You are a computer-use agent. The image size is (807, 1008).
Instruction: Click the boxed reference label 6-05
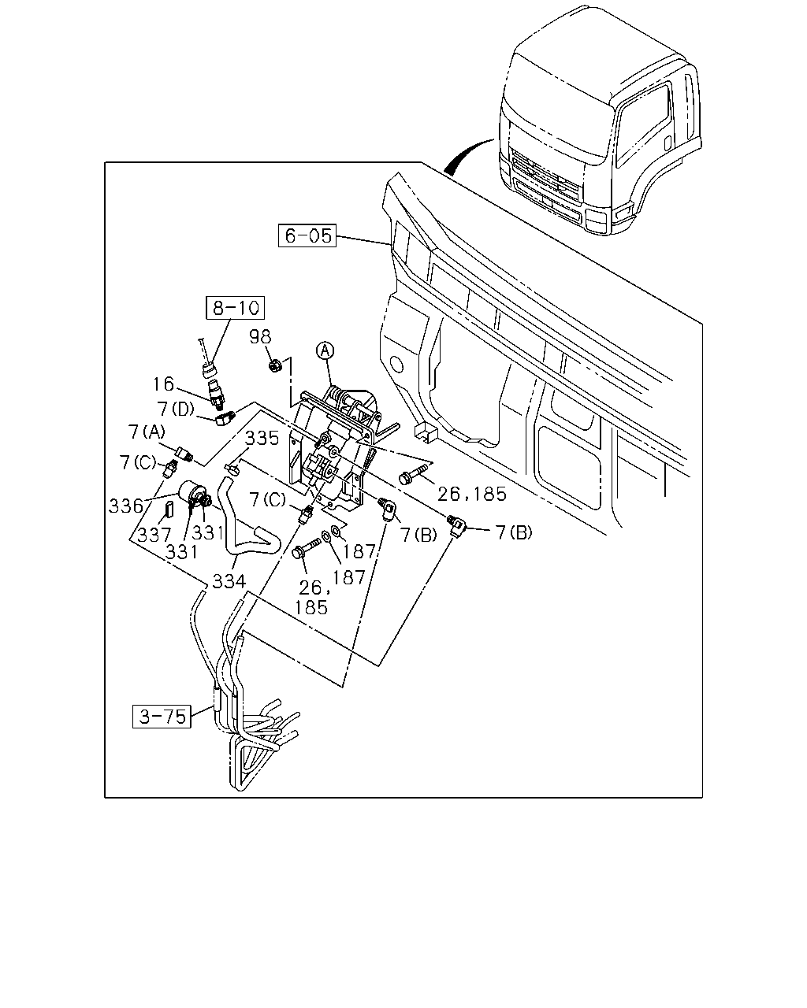(x=307, y=235)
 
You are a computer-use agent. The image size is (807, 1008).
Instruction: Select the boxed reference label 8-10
(x=236, y=308)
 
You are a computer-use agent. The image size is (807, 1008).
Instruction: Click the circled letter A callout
(x=325, y=351)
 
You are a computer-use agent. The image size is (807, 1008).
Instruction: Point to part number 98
(x=260, y=336)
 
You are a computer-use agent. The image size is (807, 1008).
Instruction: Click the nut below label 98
(x=274, y=365)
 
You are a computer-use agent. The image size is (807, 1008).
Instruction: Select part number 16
(x=163, y=384)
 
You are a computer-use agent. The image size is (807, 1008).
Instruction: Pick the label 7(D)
(x=176, y=409)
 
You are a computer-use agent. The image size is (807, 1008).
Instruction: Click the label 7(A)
(x=147, y=432)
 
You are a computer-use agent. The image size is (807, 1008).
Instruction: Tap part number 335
(x=262, y=439)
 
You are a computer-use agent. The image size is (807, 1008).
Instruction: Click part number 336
(x=125, y=506)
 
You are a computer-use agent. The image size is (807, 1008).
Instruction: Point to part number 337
(x=154, y=535)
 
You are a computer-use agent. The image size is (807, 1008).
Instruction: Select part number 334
(x=229, y=581)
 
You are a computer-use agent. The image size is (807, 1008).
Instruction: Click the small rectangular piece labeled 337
(x=169, y=508)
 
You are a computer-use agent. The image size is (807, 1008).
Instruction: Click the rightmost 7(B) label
(x=514, y=532)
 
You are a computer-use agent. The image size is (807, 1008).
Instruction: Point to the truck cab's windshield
(x=558, y=130)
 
